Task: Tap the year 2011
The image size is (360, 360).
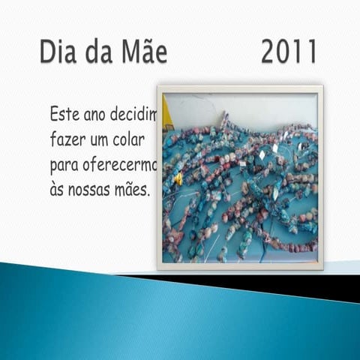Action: (288, 52)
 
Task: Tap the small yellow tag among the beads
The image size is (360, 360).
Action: (179, 178)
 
